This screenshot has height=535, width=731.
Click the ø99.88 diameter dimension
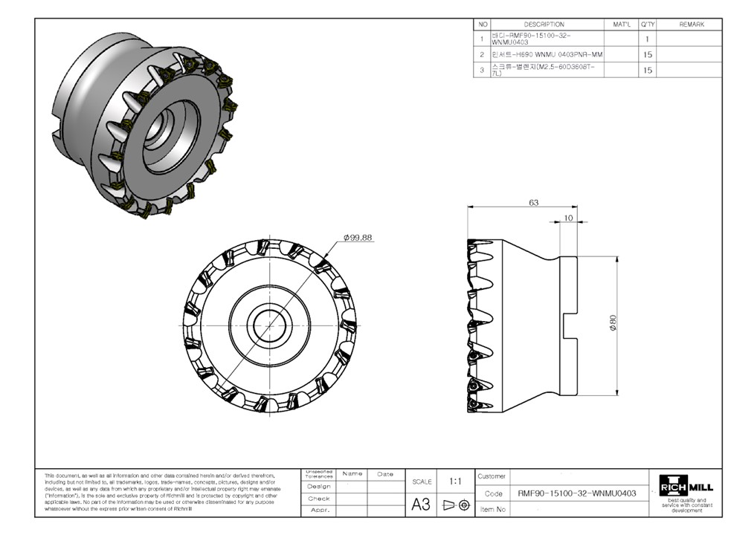click(x=358, y=238)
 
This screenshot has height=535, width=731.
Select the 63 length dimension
click(x=533, y=202)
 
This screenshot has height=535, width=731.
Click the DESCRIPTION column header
click(x=544, y=25)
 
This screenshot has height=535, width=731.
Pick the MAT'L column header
click(x=622, y=25)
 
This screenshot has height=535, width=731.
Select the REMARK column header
click(x=691, y=25)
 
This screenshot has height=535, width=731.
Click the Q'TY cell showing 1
click(x=648, y=39)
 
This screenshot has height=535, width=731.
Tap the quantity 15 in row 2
click(x=648, y=54)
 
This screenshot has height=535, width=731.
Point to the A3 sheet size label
click(x=421, y=505)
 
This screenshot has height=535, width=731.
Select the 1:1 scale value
click(x=456, y=481)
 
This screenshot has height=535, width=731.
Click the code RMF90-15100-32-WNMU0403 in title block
click(x=576, y=493)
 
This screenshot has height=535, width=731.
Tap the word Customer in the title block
click(x=492, y=476)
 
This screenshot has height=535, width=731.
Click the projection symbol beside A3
click(x=457, y=505)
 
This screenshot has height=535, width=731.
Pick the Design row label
click(x=319, y=486)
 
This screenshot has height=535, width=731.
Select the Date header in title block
click(x=385, y=473)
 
